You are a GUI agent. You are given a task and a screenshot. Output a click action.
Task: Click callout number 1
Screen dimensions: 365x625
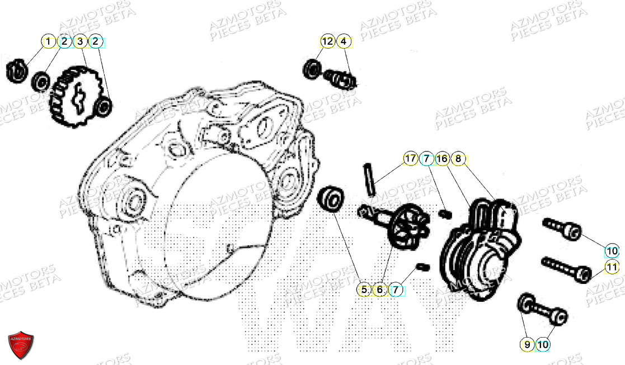(49, 41)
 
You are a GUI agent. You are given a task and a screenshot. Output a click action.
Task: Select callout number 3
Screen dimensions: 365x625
(81, 41)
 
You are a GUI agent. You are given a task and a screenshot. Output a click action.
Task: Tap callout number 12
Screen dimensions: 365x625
(327, 41)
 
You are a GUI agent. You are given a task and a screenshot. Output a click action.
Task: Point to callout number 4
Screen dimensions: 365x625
(344, 41)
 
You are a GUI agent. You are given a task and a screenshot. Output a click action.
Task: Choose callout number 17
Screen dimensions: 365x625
(410, 159)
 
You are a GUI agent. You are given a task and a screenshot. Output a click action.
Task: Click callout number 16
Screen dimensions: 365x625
(442, 159)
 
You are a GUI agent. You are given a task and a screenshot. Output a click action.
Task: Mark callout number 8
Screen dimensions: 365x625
(458, 159)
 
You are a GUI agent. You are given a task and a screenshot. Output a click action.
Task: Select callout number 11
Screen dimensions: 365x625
(612, 267)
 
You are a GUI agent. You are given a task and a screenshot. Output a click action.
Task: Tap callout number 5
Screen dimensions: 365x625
(364, 290)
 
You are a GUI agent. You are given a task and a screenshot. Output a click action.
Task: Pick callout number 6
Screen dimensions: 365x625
(379, 290)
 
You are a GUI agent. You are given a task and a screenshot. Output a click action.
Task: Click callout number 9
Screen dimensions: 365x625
(527, 345)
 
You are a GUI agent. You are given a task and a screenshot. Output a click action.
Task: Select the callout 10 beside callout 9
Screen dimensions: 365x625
(543, 345)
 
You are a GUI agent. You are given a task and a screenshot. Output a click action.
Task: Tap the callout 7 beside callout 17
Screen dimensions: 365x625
(426, 159)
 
